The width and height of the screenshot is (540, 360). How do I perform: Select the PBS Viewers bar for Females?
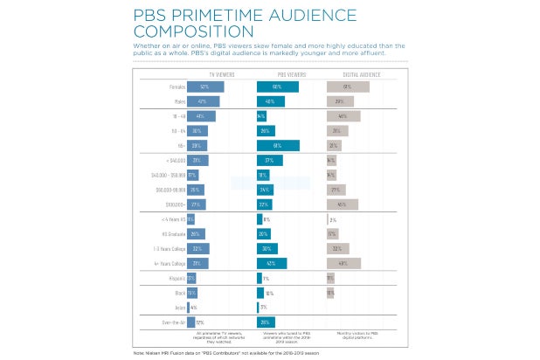click(278, 87)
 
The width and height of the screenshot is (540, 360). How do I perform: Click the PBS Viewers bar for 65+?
click(279, 145)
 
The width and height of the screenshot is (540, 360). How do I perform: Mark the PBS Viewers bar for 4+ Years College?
click(275, 262)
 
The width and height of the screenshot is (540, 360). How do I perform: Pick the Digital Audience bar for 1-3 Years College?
click(339, 248)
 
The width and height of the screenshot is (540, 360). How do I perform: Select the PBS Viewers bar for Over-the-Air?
click(267, 322)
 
